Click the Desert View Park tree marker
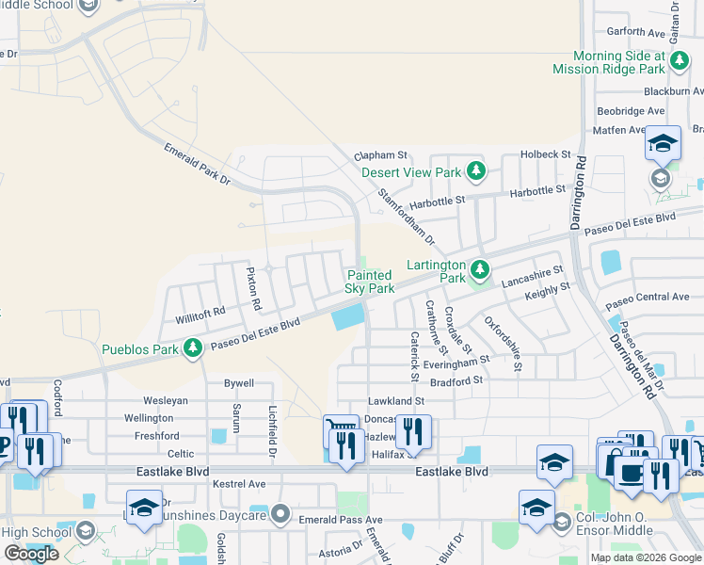477,171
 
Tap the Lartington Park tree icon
481,271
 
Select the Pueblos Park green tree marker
193,349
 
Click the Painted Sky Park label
370,282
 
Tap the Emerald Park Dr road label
197,164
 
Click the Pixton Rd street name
251,289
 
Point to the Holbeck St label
546,153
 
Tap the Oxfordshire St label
504,344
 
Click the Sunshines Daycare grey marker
281,514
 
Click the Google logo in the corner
30,554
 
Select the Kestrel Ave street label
239,483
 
